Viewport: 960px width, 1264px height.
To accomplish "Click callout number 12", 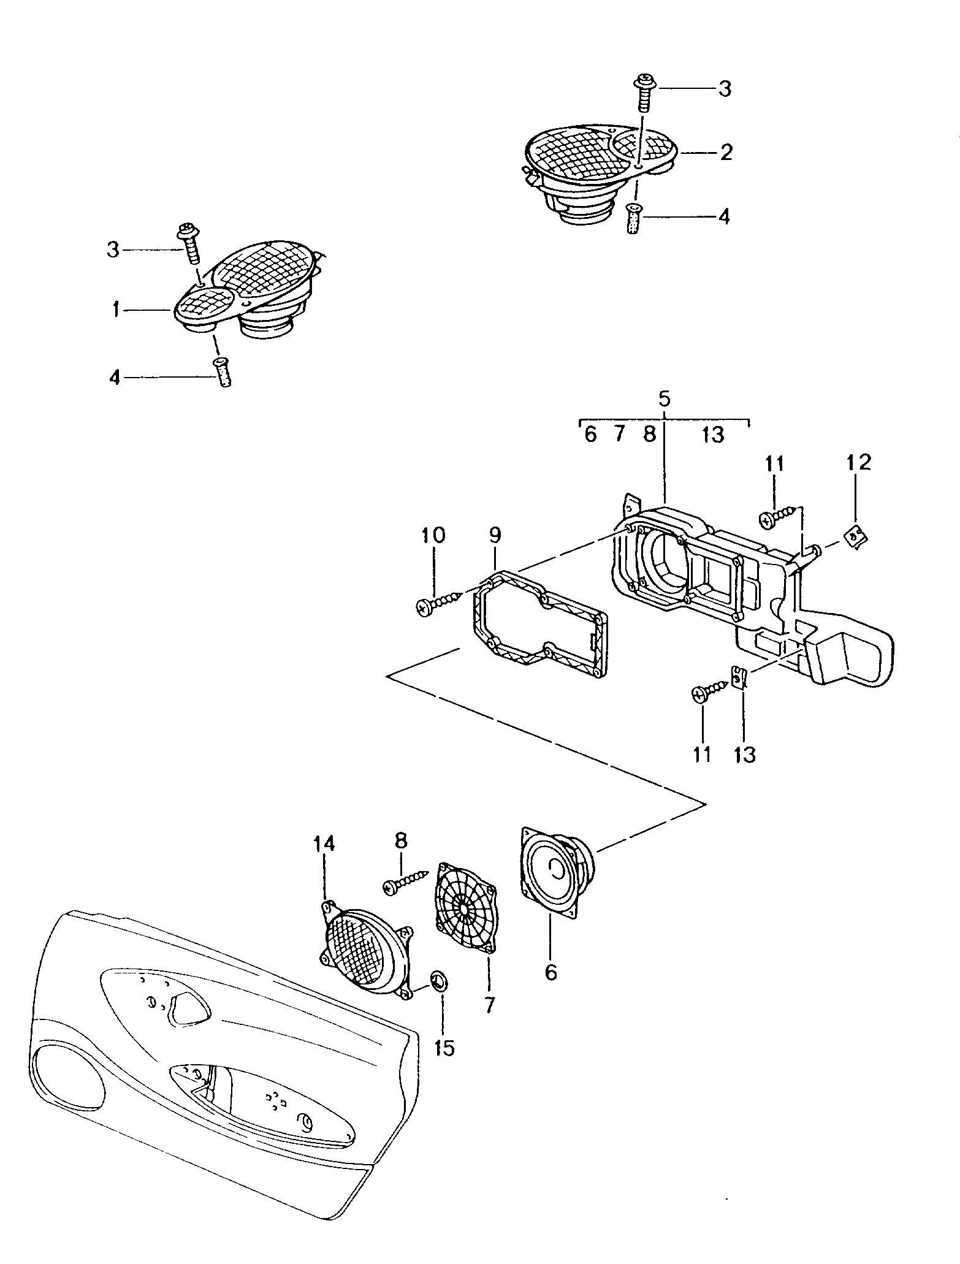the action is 858,462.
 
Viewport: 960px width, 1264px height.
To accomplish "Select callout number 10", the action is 433,535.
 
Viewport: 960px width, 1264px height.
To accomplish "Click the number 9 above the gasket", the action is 495,535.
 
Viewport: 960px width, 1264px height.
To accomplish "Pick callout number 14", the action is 324,844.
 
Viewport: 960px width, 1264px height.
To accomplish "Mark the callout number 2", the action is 726,152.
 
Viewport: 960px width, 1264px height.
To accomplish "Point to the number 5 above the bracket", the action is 665,398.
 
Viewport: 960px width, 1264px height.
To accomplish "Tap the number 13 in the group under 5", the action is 713,435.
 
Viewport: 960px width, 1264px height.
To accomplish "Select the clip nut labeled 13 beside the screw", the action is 741,679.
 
